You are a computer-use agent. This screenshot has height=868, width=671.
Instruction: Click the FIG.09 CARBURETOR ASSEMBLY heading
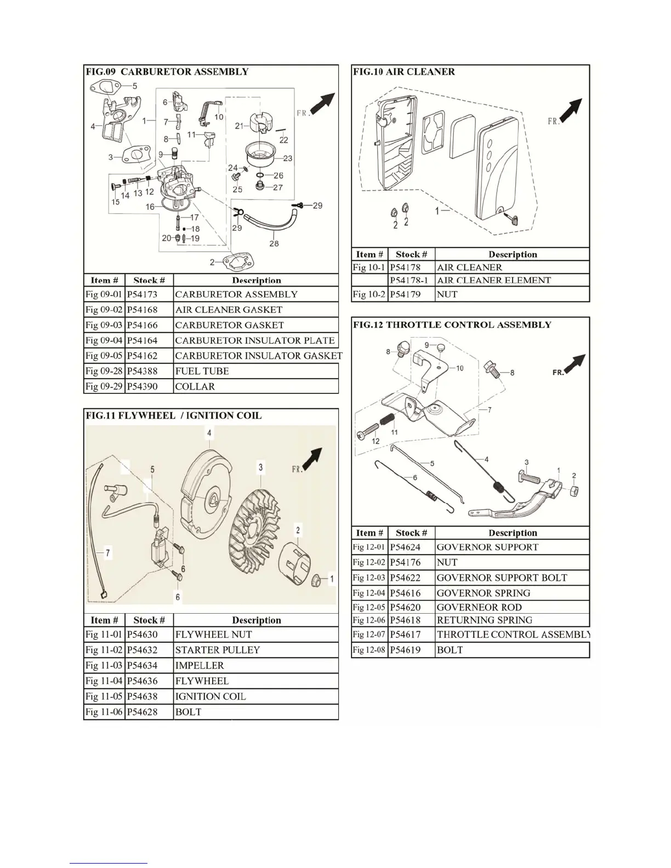click(167, 72)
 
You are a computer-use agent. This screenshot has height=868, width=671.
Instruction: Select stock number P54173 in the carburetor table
click(142, 294)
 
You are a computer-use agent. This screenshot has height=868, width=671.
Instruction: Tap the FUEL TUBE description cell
click(202, 371)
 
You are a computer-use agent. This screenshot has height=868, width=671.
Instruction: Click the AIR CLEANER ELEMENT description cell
click(493, 281)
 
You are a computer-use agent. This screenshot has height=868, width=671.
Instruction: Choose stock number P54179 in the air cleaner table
click(405, 294)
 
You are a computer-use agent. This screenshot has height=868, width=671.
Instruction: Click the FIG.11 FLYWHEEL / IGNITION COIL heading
click(173, 415)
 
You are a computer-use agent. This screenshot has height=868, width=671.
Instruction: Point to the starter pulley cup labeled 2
click(295, 562)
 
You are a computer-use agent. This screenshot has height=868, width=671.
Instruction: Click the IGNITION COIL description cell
click(210, 696)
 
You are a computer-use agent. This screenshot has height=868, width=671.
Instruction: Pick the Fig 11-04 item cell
click(104, 681)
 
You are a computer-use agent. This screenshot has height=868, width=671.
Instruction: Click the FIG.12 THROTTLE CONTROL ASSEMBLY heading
click(452, 324)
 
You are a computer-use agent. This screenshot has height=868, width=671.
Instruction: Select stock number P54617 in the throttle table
click(405, 635)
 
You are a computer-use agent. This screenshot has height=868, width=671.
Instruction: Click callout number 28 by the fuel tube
click(274, 243)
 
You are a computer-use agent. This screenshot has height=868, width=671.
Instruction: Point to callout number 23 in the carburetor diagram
click(287, 158)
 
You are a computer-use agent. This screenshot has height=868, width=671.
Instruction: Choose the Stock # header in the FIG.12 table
click(411, 533)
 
